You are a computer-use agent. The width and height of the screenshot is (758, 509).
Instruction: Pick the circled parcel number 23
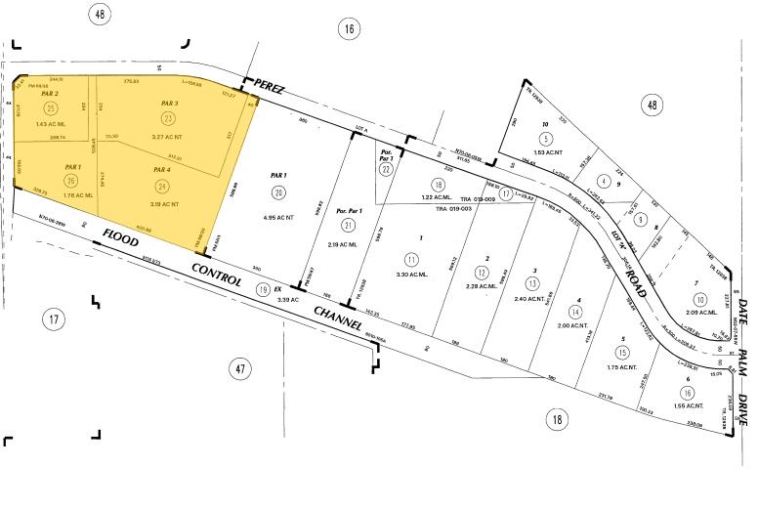[x=169, y=118]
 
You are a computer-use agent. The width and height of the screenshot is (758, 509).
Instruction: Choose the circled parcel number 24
[x=163, y=186]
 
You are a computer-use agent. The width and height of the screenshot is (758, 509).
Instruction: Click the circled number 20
[x=278, y=191]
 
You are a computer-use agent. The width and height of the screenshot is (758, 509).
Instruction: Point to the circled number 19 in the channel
[x=262, y=289]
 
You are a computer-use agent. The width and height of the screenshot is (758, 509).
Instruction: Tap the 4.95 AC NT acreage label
[x=279, y=214]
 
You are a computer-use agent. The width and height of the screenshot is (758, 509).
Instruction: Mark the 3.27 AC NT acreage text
[x=169, y=137]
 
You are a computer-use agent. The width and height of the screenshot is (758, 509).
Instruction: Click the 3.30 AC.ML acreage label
[x=412, y=276]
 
